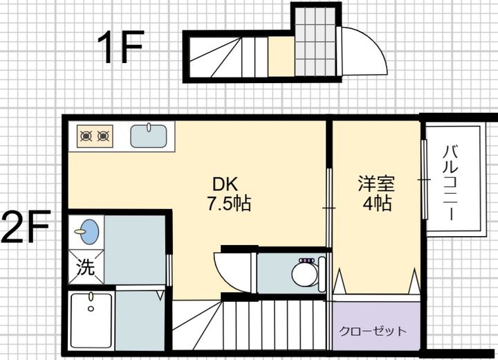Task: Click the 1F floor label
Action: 120,47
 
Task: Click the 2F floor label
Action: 26,226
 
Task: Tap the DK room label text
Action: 225,184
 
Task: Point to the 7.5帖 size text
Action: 229,204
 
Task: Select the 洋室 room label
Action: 376,183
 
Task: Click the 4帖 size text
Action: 377,203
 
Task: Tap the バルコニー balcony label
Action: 450,182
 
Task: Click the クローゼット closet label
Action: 373,332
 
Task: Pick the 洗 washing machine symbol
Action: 86,267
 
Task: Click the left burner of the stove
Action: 86,136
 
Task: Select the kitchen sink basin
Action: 149,136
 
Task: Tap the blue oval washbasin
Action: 89,231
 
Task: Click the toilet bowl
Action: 304,273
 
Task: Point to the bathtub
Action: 91,321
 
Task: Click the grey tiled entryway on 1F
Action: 315,42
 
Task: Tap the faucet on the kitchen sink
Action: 149,127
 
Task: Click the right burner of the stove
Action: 103,136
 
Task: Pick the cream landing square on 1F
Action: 282,56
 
